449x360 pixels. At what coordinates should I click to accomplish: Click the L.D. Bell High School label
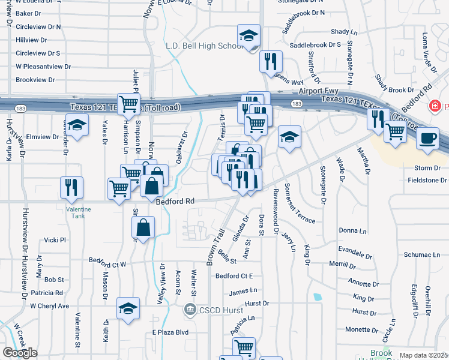point(204,46)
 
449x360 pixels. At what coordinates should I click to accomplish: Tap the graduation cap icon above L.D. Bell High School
point(248,36)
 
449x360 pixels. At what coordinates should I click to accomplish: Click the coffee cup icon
point(427,137)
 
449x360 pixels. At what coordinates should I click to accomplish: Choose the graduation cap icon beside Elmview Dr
point(76,127)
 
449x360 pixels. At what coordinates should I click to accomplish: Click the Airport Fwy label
point(314,90)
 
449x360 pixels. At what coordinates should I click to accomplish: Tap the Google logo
point(20,353)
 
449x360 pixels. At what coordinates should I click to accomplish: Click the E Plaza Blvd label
point(170,332)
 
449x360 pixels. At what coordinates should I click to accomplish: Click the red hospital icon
point(436,106)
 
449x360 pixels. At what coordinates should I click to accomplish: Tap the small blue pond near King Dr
point(317,296)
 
